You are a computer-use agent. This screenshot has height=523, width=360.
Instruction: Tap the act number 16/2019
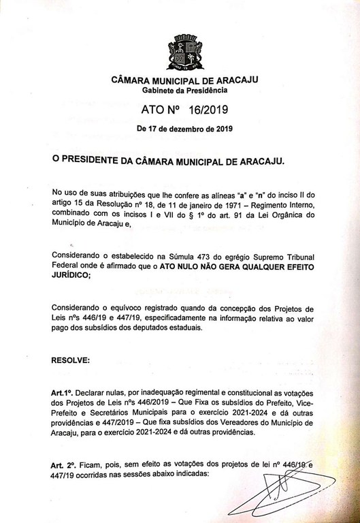tap(207, 110)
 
